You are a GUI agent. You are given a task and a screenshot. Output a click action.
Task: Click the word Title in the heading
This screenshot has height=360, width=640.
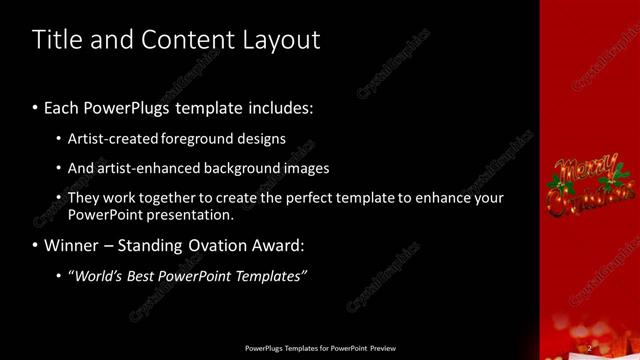55,40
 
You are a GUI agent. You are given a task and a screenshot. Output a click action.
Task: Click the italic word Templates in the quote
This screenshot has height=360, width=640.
269,276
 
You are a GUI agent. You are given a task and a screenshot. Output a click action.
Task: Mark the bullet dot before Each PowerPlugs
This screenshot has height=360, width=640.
36,108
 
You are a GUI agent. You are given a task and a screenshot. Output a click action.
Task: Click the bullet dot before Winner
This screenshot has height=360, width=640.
36,245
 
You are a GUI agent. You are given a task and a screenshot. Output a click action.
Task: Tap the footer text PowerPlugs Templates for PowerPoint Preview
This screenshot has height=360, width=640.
320,348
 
